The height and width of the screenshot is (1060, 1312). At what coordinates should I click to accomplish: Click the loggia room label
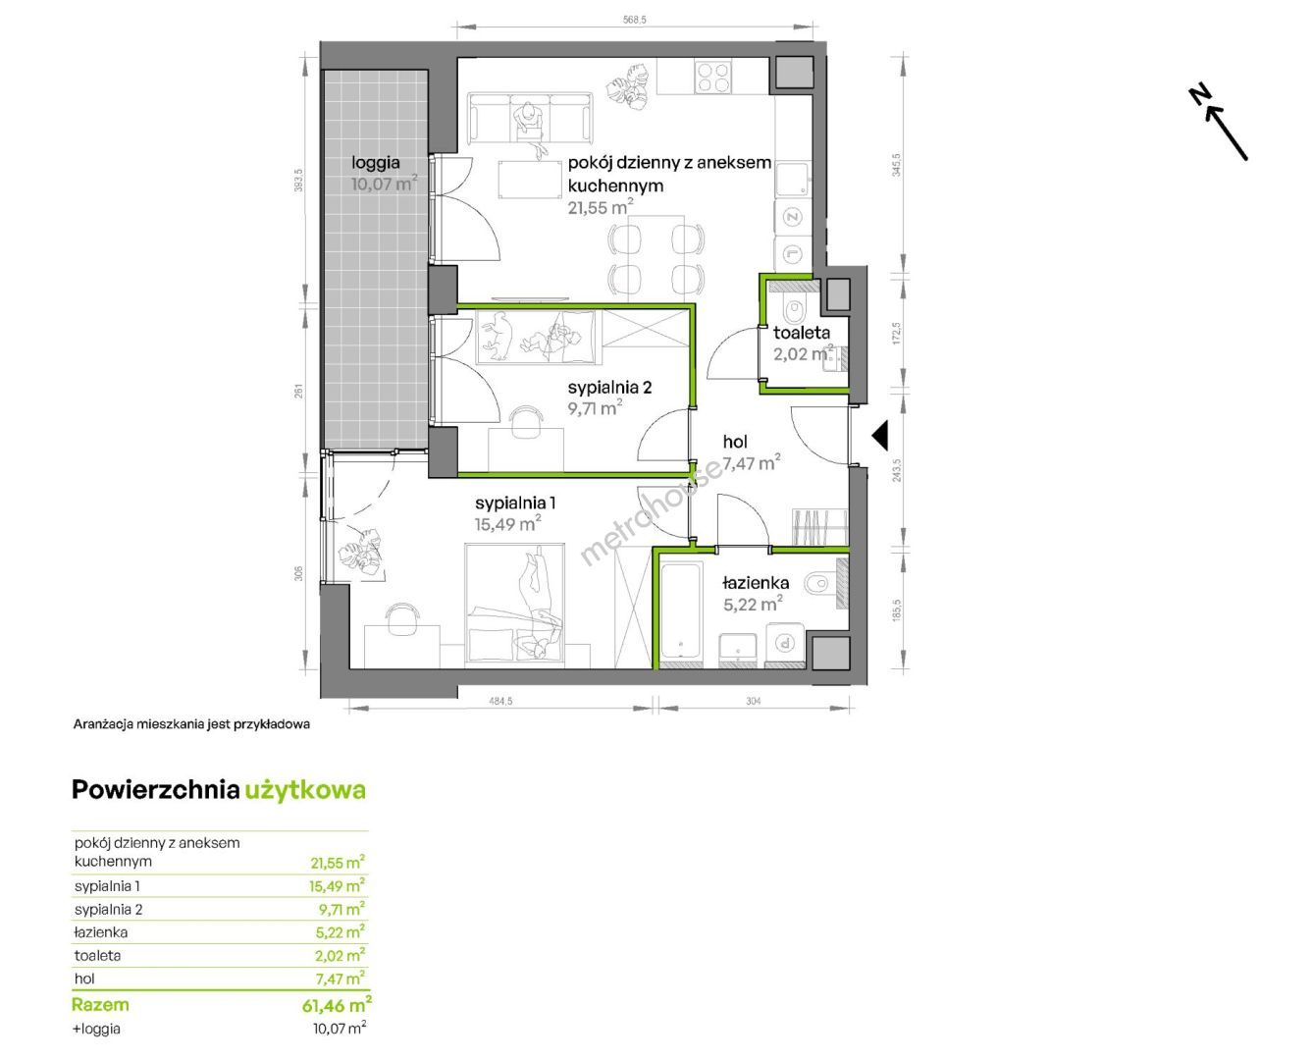[376, 163]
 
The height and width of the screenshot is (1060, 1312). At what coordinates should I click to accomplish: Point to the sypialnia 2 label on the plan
[609, 388]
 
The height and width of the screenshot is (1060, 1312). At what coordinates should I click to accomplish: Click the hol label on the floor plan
[735, 442]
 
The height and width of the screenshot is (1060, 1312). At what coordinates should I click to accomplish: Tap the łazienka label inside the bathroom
[756, 583]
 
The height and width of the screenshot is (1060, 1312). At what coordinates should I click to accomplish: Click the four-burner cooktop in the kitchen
[712, 77]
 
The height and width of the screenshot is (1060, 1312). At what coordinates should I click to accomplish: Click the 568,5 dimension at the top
[635, 20]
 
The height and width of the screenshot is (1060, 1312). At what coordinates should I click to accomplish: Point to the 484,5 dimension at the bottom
[500, 701]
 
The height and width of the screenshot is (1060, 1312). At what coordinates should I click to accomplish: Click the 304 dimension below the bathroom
[753, 701]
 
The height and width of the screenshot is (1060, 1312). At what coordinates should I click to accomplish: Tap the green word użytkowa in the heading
[305, 790]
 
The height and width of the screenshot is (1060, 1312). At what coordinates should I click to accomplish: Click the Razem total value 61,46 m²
[337, 1005]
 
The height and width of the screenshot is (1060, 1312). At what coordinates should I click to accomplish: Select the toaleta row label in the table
[97, 955]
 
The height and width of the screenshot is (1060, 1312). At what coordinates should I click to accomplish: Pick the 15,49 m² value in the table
[337, 885]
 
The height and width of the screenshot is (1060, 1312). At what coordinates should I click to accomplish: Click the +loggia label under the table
[96, 1029]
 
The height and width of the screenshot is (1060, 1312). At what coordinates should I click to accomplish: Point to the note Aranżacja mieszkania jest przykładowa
[191, 724]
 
